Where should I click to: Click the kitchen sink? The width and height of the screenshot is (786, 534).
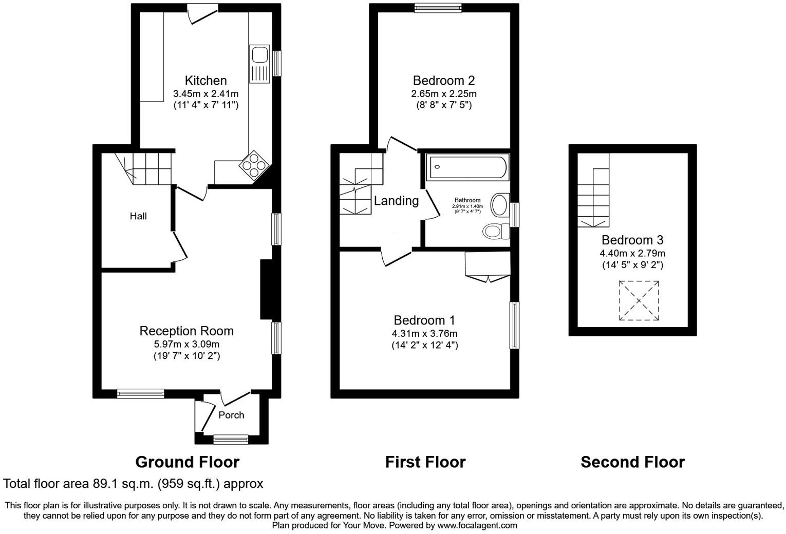click(x=259, y=64)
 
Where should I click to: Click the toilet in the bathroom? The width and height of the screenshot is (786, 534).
click(x=495, y=232)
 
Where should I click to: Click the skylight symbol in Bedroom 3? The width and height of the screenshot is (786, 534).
click(x=639, y=300)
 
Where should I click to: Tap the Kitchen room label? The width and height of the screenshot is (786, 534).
click(x=205, y=81)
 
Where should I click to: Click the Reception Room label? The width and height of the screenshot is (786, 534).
click(x=186, y=331)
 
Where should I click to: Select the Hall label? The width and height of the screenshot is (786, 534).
click(x=138, y=216)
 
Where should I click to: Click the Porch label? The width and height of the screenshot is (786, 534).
click(x=231, y=415)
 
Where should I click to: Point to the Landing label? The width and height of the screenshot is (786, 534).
click(x=396, y=201)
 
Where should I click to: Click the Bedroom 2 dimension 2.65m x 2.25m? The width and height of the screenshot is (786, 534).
click(x=443, y=94)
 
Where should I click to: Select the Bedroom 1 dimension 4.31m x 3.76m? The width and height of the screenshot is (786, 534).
click(x=424, y=334)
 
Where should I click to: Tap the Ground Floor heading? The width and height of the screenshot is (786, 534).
click(x=187, y=462)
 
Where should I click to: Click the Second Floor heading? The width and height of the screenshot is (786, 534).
click(x=632, y=462)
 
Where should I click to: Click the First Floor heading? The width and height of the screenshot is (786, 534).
click(x=425, y=462)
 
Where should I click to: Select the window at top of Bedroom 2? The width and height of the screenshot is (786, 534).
click(x=438, y=7)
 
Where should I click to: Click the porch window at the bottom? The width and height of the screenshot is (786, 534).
click(x=231, y=440)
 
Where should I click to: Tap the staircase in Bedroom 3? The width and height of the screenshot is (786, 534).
click(x=593, y=198)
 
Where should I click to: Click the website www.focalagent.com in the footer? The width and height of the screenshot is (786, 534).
click(x=477, y=525)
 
